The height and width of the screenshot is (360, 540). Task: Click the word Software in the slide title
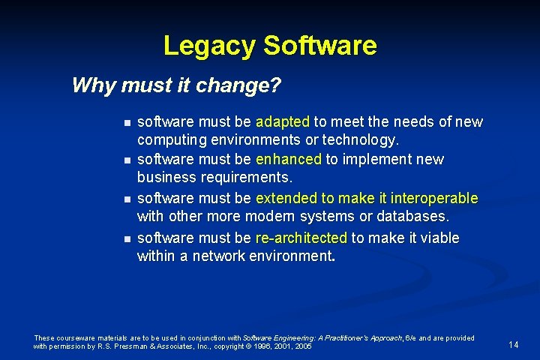pos(319,46)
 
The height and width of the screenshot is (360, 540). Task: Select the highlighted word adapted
pos(283,121)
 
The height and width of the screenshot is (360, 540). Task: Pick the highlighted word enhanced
pos(288,160)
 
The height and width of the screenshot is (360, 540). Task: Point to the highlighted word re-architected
pos(301,238)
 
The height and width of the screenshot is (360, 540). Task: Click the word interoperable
pos(430,199)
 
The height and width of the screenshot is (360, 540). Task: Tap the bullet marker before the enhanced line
pos(127,160)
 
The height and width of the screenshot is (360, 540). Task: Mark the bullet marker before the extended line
pos(127,199)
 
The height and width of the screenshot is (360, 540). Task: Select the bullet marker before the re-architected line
pos(127,238)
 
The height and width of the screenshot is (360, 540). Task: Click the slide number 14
pos(514,344)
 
